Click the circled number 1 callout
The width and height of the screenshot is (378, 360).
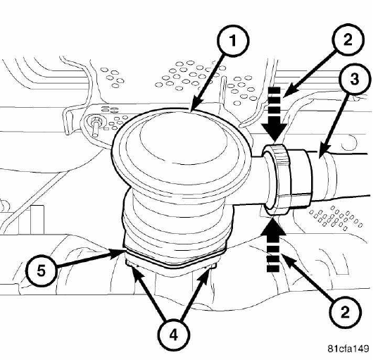tap(232, 42)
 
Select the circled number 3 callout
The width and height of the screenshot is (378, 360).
tap(354, 80)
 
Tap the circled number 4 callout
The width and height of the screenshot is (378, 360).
tap(174, 335)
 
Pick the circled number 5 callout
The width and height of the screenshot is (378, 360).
tap(42, 271)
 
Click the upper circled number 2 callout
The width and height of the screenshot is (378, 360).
tap(348, 39)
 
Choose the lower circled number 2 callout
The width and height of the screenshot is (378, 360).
tap(346, 313)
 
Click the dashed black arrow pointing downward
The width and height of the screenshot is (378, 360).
tap(275, 114)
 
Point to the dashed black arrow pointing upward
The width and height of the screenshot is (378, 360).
tap(273, 244)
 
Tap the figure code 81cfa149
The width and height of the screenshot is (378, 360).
tap(348, 349)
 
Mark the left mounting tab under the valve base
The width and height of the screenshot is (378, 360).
tap(130, 263)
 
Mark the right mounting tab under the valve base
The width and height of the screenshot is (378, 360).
tap(212, 266)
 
